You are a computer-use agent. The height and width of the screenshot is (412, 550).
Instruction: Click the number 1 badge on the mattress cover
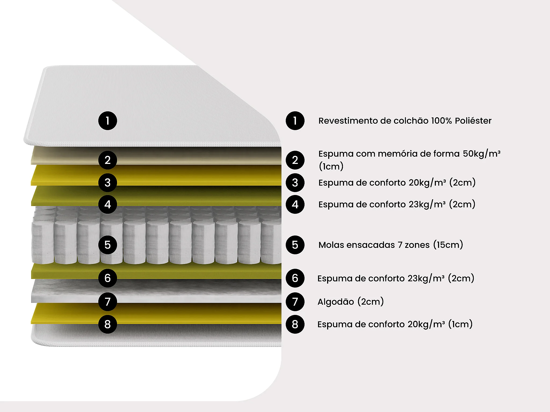tap(107, 121)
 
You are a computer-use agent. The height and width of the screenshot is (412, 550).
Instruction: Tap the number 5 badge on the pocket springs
tap(107, 245)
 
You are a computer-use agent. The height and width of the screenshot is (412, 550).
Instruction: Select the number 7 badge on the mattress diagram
tap(107, 301)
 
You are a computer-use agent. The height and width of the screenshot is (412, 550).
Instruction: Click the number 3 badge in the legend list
tap(295, 183)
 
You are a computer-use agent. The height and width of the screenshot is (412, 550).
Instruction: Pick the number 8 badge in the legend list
tap(295, 324)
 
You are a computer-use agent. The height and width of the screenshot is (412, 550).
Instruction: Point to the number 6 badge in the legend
tap(295, 278)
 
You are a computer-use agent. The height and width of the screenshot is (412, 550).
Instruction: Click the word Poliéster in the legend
tap(473, 121)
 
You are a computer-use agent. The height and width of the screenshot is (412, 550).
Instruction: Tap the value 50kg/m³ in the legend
tap(482, 154)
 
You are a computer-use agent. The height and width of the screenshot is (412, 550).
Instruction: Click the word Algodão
tap(336, 302)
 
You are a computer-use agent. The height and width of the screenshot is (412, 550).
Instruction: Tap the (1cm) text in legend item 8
tap(460, 324)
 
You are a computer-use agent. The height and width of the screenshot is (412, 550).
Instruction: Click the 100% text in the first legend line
tap(442, 121)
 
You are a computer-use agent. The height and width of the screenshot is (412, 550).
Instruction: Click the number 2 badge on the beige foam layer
tap(107, 160)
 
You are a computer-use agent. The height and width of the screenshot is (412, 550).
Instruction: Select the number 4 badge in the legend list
tap(295, 204)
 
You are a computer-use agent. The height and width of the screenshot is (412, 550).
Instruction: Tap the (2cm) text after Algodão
tap(371, 302)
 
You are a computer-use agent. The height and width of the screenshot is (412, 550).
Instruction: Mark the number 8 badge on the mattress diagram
tap(107, 324)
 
